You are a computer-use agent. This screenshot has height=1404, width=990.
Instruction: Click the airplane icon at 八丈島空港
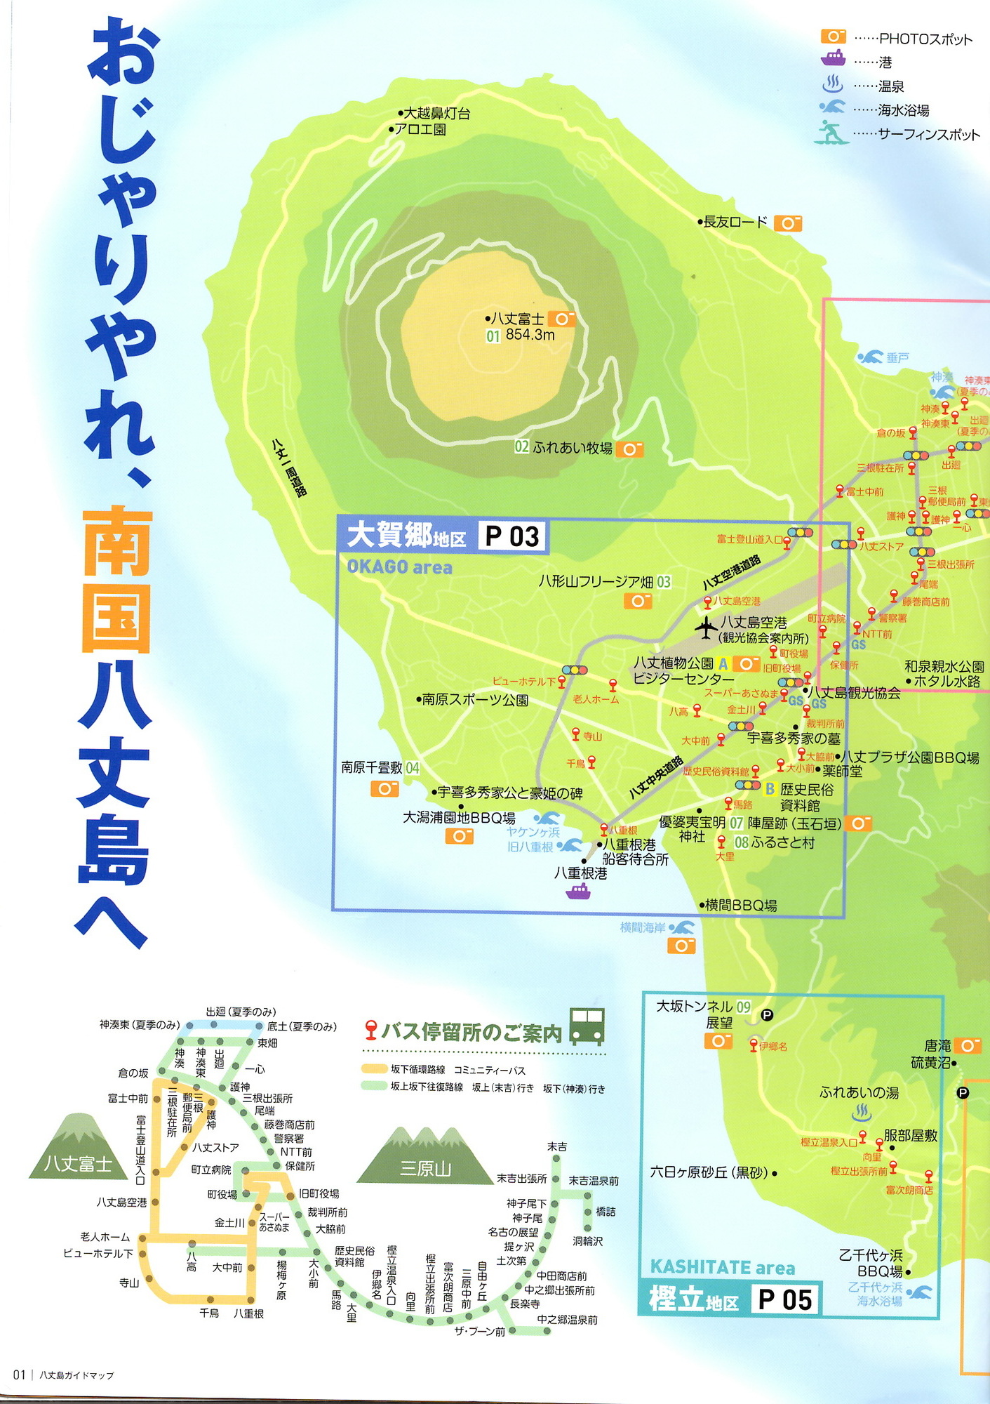pos(705,627)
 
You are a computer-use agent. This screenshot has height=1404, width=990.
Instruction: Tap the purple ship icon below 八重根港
pos(578,892)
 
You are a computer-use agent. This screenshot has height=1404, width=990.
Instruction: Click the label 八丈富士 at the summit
pos(518,319)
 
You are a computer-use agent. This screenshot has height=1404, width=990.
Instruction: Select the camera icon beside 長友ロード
pos(787,223)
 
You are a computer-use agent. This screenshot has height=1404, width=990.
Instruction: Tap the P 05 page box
pos(784,1299)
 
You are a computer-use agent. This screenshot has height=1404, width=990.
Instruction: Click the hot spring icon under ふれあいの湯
pos(861,1112)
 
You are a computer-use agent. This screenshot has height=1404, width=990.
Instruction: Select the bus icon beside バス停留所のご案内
pos(587,1026)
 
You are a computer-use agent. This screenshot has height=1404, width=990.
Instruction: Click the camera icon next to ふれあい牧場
pos(629,449)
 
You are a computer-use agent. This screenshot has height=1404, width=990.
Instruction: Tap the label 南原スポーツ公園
pos(475,700)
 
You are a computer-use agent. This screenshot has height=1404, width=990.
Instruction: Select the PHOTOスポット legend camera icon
pos(833,37)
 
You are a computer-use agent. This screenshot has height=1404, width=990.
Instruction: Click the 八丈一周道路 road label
pos(289,468)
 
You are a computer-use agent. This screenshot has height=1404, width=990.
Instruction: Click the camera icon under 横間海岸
pos(681,946)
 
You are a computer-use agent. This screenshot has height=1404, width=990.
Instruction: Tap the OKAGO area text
pos(399,567)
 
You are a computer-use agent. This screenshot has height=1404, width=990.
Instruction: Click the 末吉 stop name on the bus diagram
pos(557,1146)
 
